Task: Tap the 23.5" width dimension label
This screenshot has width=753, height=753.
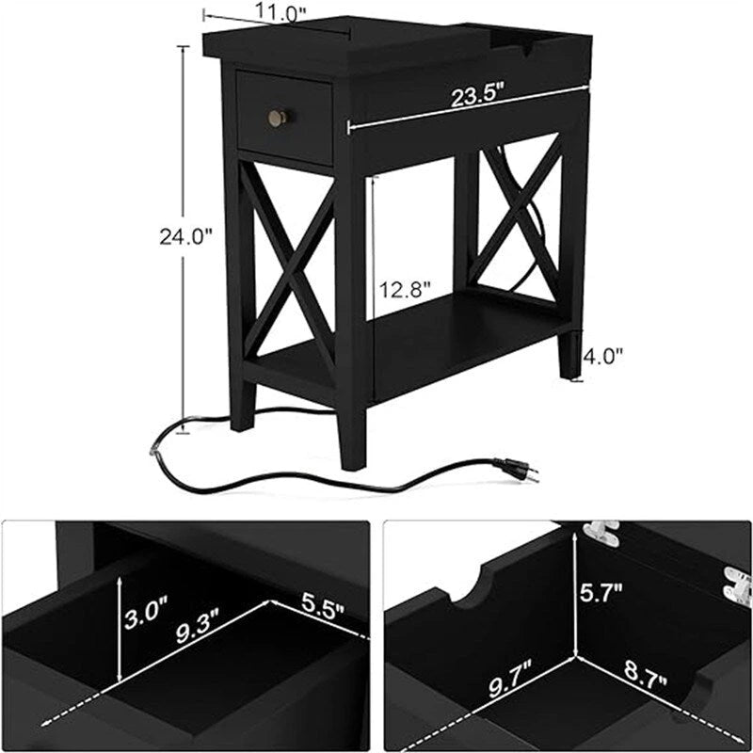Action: tap(478, 96)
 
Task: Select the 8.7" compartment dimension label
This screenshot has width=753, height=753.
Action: tap(649, 674)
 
